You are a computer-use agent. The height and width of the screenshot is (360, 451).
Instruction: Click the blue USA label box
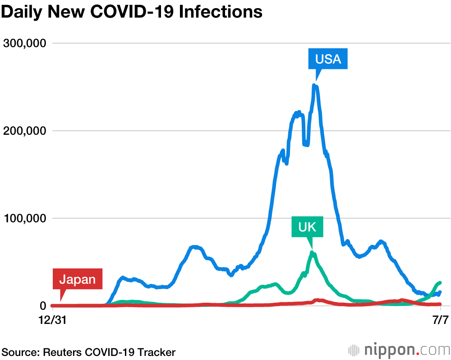pos(328,59)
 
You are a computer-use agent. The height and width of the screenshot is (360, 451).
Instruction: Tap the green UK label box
pos(307,227)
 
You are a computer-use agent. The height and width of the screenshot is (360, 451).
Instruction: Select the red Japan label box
pos(78,279)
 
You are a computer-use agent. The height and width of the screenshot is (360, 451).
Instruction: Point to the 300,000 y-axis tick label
pos(25,43)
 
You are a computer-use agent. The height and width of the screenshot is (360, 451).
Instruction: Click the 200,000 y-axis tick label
pos(25,131)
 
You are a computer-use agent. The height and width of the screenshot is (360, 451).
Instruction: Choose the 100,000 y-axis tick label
pos(25,218)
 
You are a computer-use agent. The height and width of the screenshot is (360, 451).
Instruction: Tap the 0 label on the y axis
pos(43,306)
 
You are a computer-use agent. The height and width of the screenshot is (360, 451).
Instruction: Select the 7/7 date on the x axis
pos(440,320)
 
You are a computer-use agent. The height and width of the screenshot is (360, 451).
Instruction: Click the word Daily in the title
pos(22,12)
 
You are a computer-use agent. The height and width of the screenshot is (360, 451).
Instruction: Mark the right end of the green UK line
pos(439,282)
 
